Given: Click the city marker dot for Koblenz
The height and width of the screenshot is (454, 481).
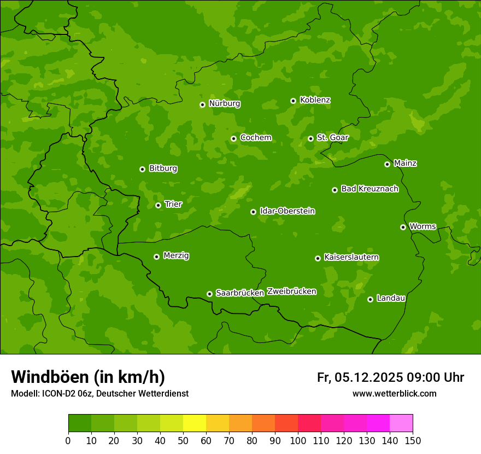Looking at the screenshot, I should click(293, 101).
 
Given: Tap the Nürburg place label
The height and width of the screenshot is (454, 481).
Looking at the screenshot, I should click(224, 103).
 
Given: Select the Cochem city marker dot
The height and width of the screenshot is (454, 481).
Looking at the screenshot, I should click(233, 138).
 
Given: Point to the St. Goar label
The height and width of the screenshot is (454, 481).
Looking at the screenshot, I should click(332, 138).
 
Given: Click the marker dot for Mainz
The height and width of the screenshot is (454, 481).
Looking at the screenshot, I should click(387, 164).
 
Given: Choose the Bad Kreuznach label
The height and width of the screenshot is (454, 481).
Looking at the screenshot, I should click(369, 189).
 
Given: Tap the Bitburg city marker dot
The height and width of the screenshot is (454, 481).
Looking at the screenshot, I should click(142, 169).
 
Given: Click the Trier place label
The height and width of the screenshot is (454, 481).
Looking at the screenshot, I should click(173, 204).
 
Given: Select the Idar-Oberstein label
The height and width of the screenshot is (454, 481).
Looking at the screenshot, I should click(287, 211).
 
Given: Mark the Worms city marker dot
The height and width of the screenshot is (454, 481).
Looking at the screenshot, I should click(403, 227).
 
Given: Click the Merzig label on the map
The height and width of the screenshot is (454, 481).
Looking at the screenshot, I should click(176, 255).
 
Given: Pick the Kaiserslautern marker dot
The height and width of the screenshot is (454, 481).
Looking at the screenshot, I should click(318, 258).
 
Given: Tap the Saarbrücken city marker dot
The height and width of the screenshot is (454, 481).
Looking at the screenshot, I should click(209, 294).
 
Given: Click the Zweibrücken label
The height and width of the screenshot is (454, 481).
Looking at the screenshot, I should click(291, 292).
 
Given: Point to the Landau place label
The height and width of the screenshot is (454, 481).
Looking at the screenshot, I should click(391, 298).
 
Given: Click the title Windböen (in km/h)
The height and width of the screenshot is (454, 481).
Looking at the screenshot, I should click(88, 377).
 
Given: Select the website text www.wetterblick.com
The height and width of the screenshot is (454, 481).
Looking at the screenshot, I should click(394, 393).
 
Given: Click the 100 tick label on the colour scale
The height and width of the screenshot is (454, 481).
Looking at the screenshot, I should click(298, 440).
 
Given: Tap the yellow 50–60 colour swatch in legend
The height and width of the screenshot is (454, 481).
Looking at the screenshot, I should click(195, 423).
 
